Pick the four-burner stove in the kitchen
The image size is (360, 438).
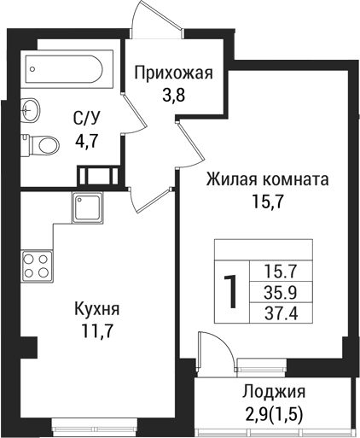pyautogui.click(x=36, y=265)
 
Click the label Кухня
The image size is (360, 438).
pyautogui.click(x=96, y=309)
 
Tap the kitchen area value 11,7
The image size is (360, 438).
pyautogui.click(x=96, y=330)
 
